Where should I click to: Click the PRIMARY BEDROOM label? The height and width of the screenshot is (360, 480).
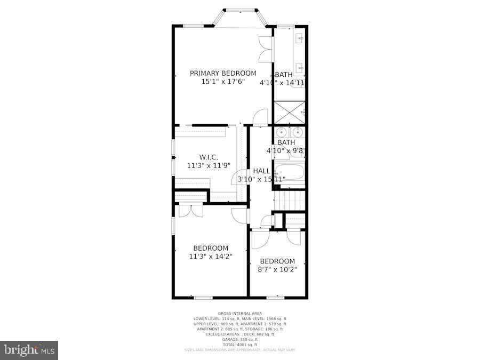223,73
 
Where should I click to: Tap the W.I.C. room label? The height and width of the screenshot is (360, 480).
208,157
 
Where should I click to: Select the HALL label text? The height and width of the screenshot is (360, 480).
261,171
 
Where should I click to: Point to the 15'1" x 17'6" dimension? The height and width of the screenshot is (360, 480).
223,82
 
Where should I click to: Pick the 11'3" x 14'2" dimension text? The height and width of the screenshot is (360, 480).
211,257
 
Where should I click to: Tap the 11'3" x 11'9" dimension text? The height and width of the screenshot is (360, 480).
208,166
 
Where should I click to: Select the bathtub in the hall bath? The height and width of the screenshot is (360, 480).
289,173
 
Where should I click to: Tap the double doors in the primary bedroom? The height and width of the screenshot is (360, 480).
265,50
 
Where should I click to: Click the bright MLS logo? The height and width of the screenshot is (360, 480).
29,350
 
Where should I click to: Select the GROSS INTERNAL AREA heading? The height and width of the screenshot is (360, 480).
239,314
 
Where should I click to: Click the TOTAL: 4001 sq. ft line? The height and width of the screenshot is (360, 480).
239,344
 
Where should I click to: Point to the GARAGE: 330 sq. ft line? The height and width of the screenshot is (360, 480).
239,339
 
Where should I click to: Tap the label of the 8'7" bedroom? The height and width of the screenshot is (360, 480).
277,261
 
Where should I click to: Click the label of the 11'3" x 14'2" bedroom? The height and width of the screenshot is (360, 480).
211,248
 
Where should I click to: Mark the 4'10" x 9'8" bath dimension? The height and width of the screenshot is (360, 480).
289,150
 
